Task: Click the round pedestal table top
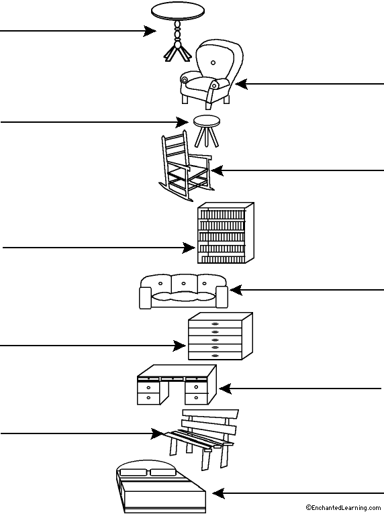click(x=178, y=10)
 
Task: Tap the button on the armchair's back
click(x=213, y=62)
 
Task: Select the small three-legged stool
click(x=207, y=131)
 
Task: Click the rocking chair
click(x=185, y=166)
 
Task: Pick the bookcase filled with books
click(x=226, y=233)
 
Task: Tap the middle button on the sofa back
click(x=184, y=283)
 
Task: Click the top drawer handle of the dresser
click(x=215, y=324)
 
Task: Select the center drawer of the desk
click(x=173, y=379)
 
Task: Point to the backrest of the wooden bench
click(x=210, y=423)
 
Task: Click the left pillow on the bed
click(x=135, y=472)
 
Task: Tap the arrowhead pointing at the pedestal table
click(x=150, y=31)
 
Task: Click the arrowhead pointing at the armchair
click(x=242, y=84)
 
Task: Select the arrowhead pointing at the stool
click(x=183, y=122)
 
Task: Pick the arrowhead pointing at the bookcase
click(x=189, y=248)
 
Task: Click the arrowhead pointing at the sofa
click(x=236, y=290)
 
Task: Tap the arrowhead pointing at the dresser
click(x=179, y=346)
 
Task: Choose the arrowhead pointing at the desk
click(x=226, y=389)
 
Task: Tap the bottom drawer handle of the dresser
click(x=215, y=356)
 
